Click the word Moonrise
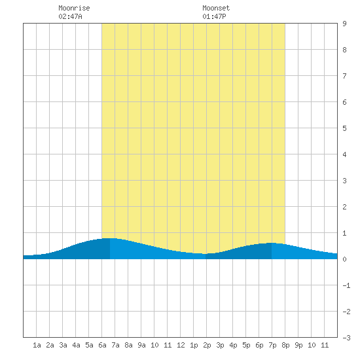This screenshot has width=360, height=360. pos(74,8)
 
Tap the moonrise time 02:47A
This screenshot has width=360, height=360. pos(70,16)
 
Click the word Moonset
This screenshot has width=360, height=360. pos(216,8)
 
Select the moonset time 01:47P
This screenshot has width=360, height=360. pos(214,16)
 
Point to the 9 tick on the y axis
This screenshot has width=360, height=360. pos(344,24)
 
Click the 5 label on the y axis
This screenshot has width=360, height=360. pos(344,128)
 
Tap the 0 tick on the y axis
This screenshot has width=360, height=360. pos(344,259)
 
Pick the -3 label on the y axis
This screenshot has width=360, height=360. pos(347,338)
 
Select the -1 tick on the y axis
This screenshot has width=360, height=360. pos(347,285)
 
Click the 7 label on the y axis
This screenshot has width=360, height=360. pos(344,76)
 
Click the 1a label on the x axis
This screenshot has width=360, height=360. pos(37,345)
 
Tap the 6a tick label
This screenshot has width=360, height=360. pos(102,345)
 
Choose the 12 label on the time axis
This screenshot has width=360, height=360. pos(181,345)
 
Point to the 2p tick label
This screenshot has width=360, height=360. pos(207,346)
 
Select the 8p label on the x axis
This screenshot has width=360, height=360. pos(285,346)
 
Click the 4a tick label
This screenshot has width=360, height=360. pos(76,345)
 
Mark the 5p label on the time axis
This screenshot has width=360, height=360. pos(246,346)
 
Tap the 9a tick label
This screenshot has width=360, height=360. pos(141,345)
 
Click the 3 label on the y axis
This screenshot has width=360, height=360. pos(344,181)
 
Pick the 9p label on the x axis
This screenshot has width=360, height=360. pos(298,346)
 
